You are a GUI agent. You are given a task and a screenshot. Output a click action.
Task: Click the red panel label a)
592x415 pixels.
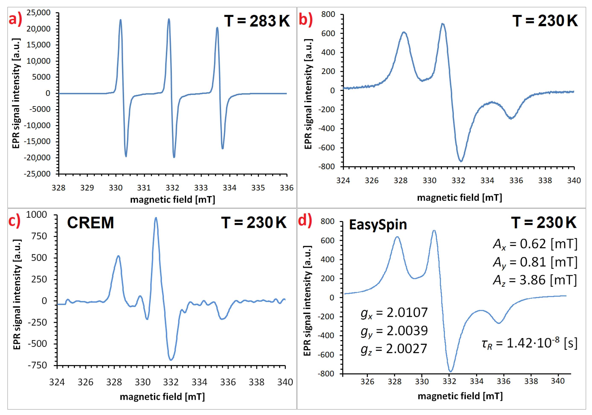pos(15,20)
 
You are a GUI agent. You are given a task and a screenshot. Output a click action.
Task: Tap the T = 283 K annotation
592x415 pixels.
pos(257,21)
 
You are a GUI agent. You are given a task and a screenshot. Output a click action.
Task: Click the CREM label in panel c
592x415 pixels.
pos(91,223)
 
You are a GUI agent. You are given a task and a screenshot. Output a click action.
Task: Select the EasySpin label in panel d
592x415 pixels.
pos(378,224)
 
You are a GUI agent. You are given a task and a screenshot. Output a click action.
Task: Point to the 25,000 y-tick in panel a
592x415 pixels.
pos(39,13)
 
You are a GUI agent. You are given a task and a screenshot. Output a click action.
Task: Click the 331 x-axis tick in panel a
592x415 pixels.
pos(144,188)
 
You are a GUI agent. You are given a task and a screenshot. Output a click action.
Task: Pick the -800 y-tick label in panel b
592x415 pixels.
pos(326,167)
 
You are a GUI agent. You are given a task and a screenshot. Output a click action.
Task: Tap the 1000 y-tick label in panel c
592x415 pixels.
pos(37,214)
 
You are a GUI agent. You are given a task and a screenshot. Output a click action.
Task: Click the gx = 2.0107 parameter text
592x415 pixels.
pos(394,313)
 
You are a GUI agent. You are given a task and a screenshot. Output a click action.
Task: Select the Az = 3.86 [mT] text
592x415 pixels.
pos(535,280)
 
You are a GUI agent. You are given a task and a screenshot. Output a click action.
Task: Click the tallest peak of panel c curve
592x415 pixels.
pos(156,218)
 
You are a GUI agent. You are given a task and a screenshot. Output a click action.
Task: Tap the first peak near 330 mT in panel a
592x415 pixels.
pos(120,20)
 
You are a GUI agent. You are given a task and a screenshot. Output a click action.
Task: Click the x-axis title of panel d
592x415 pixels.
pos(460,396)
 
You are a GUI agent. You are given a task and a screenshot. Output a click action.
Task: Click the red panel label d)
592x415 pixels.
pos(305,221)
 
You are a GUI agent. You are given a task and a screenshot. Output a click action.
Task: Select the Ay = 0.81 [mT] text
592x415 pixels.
pos(535,262)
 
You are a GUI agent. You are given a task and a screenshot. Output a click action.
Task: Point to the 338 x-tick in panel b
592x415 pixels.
pos(545,181)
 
